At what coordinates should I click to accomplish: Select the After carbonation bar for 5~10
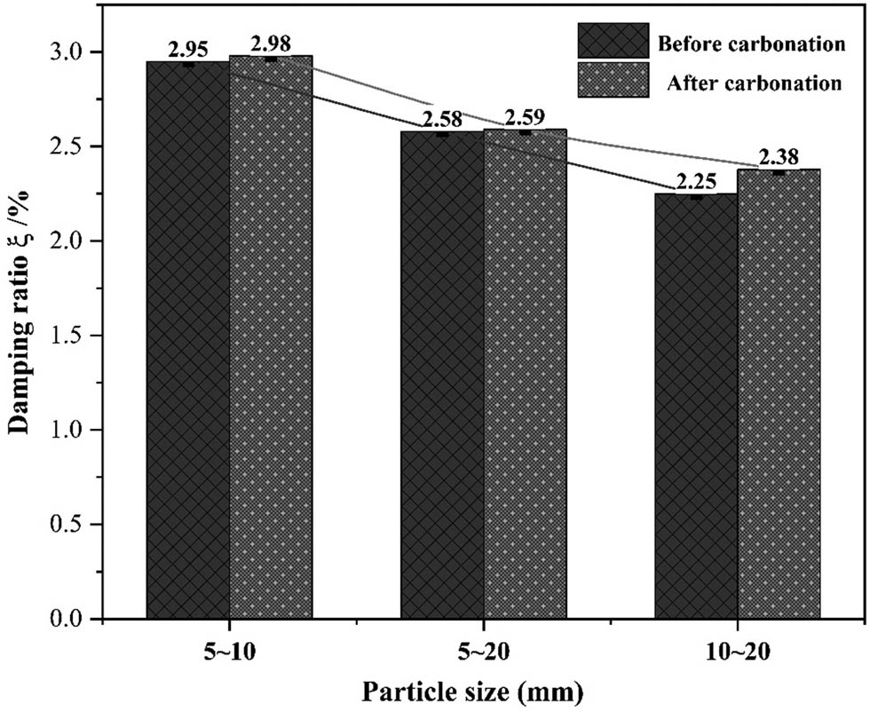tap(271, 337)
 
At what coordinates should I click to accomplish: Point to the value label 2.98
tap(271, 44)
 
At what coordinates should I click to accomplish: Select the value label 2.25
tap(696, 181)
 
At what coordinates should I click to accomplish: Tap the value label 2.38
tap(779, 156)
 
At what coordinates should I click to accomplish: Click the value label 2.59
tap(525, 117)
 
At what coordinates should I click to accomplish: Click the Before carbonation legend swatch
tap(613, 41)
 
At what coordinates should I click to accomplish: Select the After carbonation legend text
tap(753, 83)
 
